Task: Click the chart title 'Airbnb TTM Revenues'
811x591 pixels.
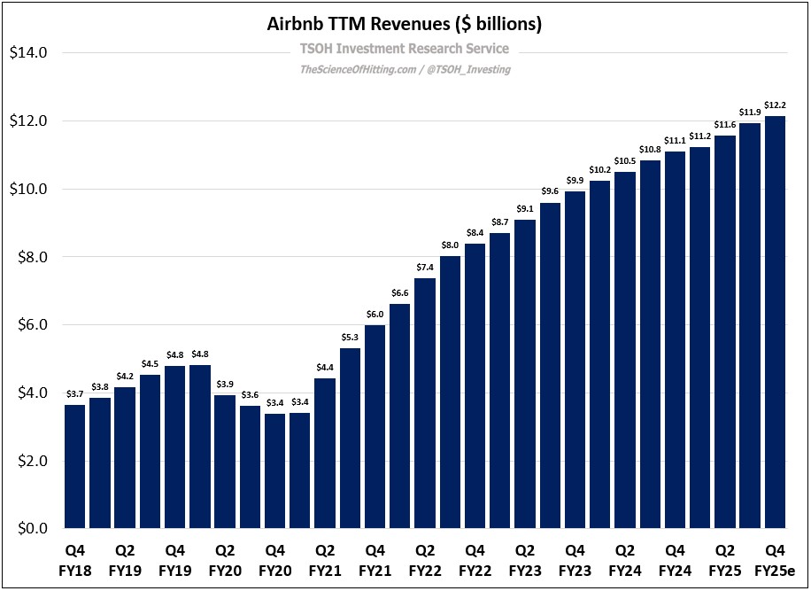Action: [x=405, y=24]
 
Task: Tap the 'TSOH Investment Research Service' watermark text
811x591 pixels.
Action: [x=405, y=50]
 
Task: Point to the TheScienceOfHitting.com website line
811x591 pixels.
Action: [x=405, y=69]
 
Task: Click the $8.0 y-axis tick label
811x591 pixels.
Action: [x=32, y=257]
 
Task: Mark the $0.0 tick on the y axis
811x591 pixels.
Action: [x=32, y=529]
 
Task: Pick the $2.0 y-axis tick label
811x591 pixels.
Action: [x=32, y=461]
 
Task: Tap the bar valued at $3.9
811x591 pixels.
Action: [x=225, y=462]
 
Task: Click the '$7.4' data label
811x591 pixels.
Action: [x=425, y=267]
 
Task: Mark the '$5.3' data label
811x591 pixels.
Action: [x=350, y=337]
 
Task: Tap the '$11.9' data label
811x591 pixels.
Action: [x=750, y=112]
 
